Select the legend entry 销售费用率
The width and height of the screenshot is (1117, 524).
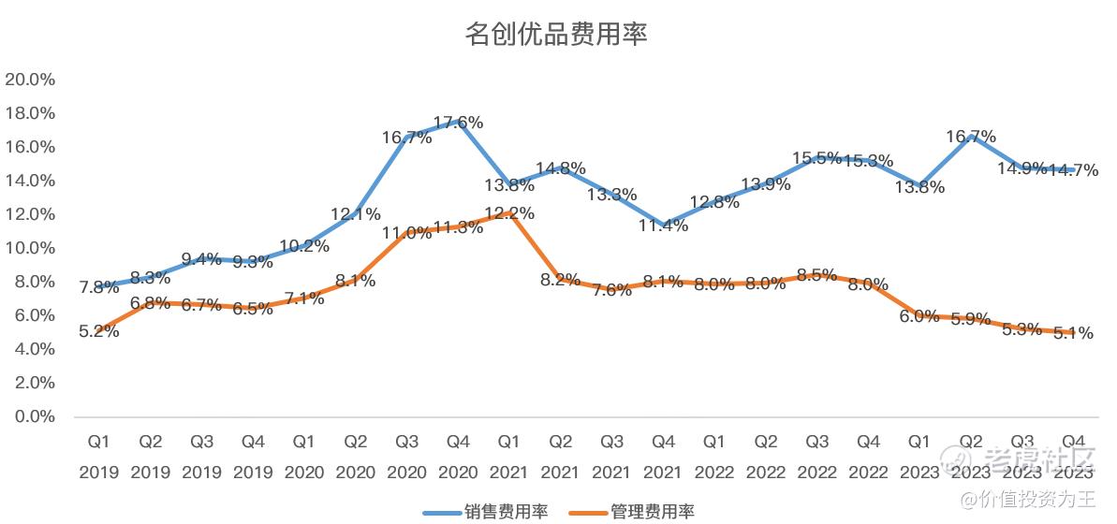[x=505, y=512]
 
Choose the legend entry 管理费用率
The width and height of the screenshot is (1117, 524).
[x=653, y=512]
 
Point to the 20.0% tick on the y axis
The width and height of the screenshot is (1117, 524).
[x=30, y=80]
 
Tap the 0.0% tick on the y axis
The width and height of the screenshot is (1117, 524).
[x=34, y=416]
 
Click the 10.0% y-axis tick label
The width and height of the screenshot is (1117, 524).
[x=30, y=248]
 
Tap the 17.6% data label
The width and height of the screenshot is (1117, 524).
[x=458, y=123]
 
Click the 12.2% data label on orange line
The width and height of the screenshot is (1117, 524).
[x=509, y=213]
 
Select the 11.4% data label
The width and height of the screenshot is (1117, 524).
[x=663, y=226]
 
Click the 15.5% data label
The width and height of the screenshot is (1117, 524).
[x=816, y=158]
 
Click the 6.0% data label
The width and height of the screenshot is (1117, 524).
[x=919, y=316]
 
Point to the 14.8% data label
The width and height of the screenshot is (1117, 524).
[x=561, y=168]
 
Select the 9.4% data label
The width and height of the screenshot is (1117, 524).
[x=202, y=259]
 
